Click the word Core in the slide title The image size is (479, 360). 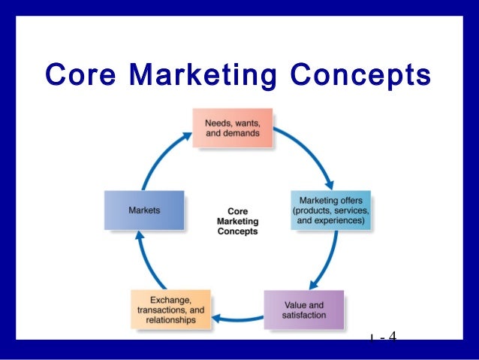pyautogui.click(x=80, y=76)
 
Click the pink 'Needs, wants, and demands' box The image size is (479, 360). pyautogui.click(x=232, y=129)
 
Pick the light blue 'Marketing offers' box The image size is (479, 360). pyautogui.click(x=330, y=211)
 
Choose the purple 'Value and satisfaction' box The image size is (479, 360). pyautogui.click(x=305, y=310)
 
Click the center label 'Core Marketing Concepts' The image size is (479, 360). pyautogui.click(x=237, y=222)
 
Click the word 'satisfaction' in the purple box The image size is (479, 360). pyautogui.click(x=305, y=316)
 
